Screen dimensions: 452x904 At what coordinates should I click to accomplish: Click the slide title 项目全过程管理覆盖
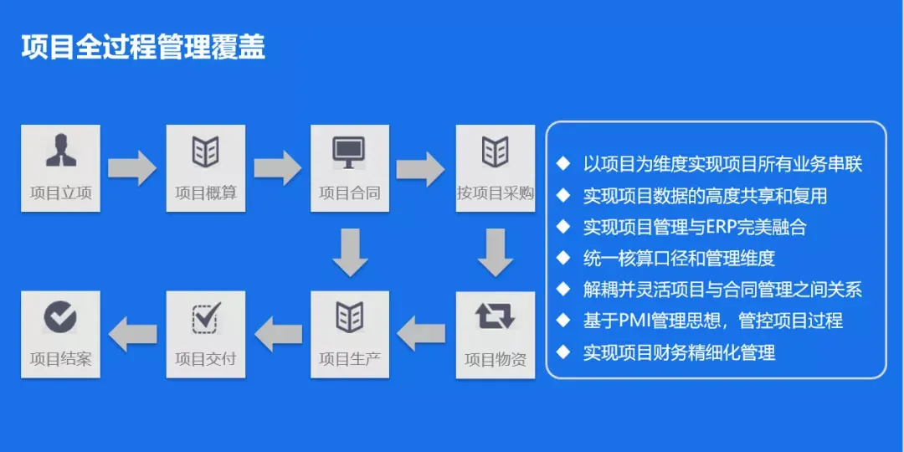tap(143, 47)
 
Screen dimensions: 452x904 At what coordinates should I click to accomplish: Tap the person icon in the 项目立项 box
tap(60, 151)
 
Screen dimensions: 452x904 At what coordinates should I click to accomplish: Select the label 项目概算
tap(206, 193)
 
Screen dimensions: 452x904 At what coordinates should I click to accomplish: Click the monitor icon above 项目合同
tap(349, 152)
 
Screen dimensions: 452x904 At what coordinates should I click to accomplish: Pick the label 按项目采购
tap(496, 193)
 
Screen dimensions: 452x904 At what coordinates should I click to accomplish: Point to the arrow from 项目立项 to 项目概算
tap(132, 167)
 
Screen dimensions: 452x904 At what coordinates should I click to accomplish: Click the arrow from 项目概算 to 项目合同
tap(278, 167)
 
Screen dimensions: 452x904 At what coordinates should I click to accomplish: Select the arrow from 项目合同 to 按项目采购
tap(421, 167)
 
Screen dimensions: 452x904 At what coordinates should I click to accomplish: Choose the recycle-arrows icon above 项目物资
tap(496, 316)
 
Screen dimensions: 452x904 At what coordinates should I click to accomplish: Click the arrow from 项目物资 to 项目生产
tap(422, 335)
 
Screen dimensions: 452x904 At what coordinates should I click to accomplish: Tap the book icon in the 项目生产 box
tap(350, 317)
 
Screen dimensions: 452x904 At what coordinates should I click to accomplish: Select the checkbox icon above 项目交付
tap(206, 317)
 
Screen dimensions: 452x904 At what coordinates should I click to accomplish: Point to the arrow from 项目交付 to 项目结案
tap(132, 335)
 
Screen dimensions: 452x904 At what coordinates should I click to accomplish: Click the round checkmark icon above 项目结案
tap(60, 316)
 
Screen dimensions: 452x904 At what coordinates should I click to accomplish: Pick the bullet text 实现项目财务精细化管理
tap(679, 352)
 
